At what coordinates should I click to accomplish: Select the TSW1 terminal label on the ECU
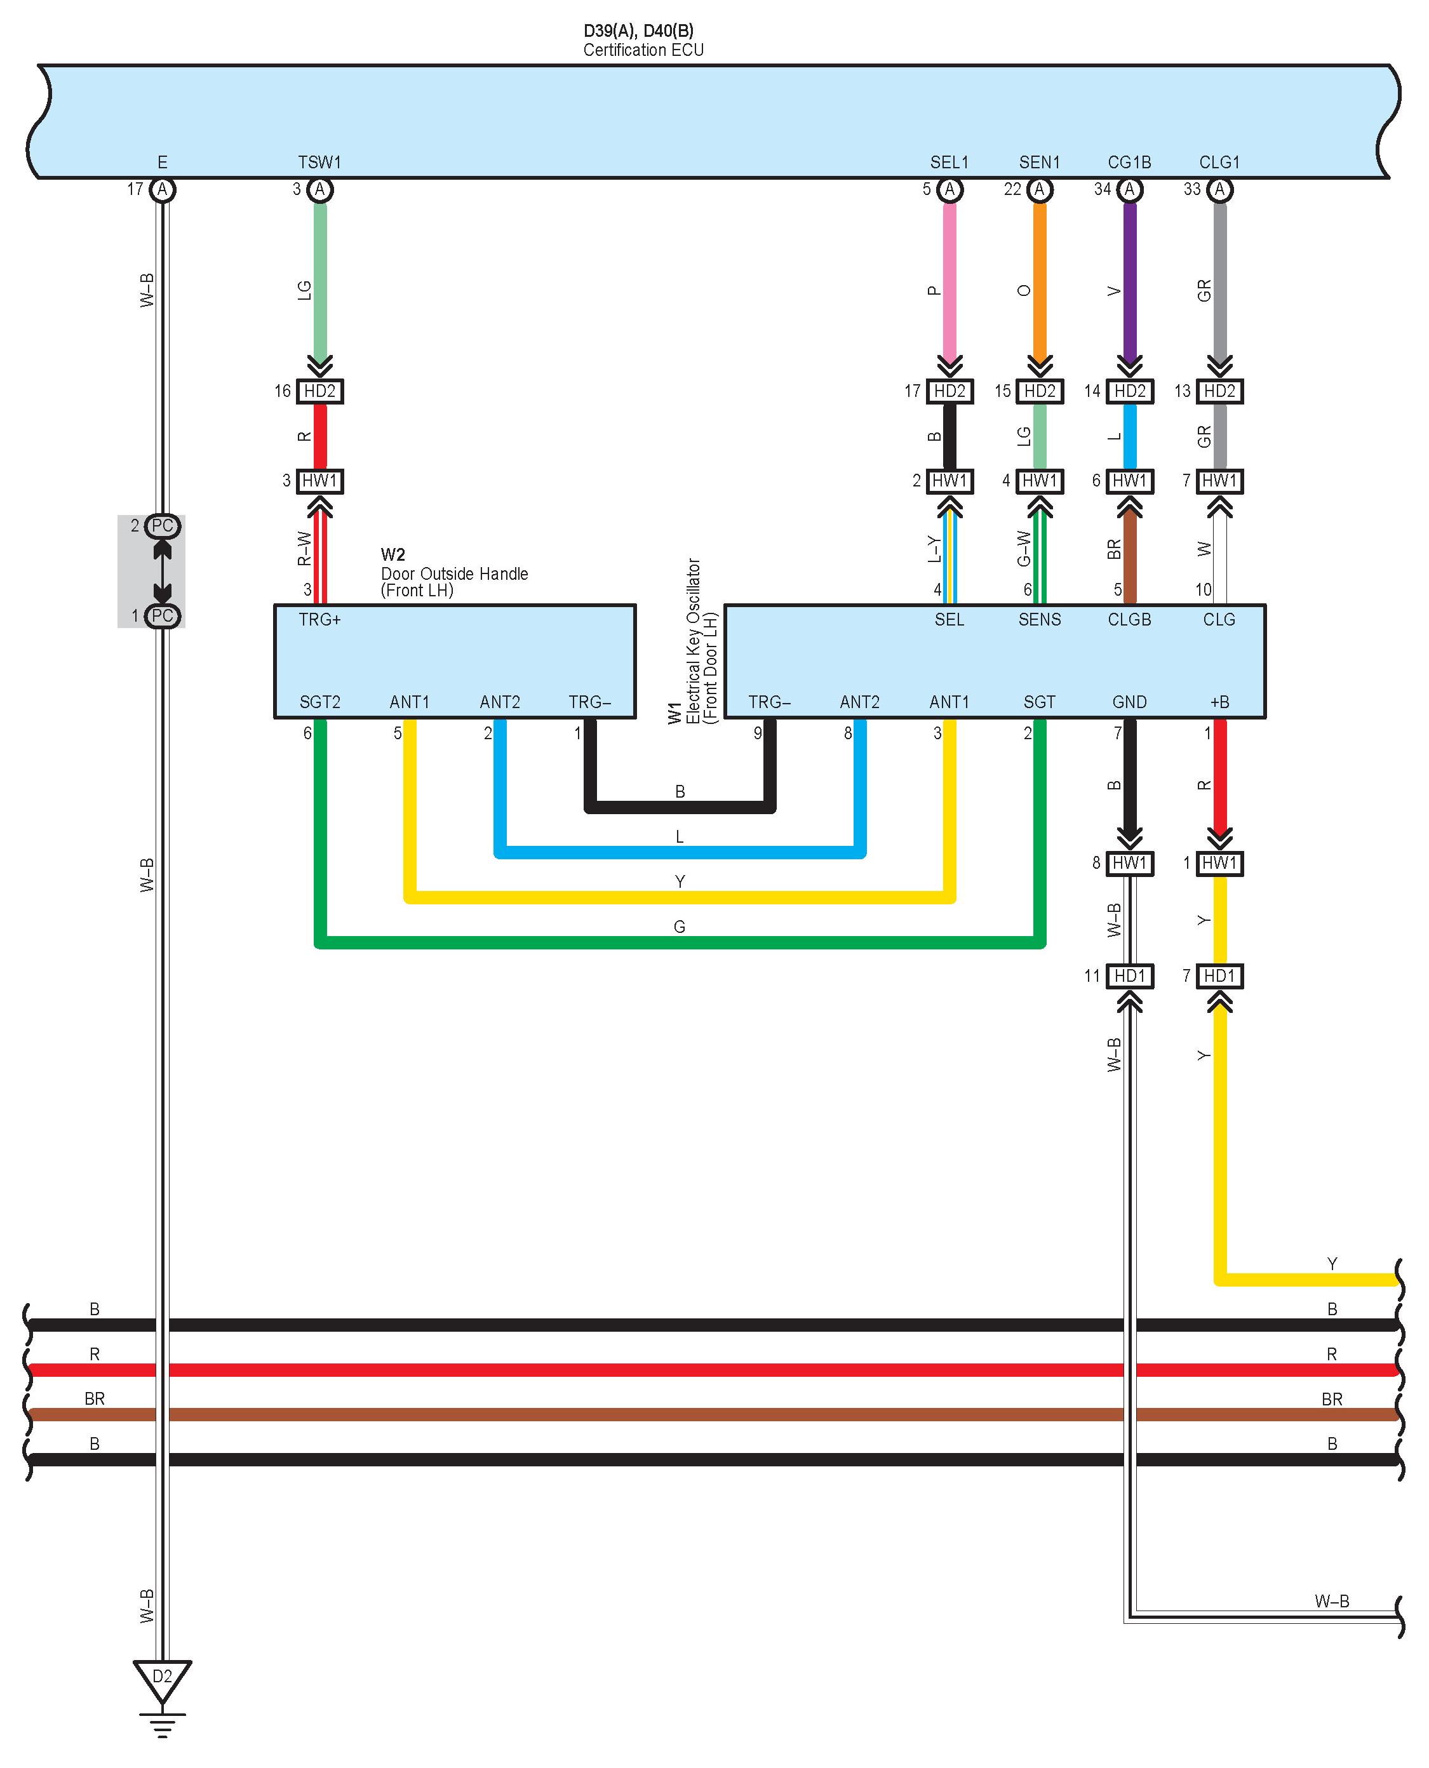pos(319,162)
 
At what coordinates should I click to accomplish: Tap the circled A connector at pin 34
pos(1129,190)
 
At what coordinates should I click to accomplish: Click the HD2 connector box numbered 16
pos(319,391)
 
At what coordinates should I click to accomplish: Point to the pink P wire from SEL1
pos(949,280)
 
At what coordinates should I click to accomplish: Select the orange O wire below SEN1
pos(1040,280)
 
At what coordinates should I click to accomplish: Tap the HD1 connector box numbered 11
pos(1129,976)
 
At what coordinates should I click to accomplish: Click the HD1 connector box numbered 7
pos(1219,976)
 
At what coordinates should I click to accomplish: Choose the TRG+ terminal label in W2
pos(319,620)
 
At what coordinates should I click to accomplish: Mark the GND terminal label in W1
pos(1129,702)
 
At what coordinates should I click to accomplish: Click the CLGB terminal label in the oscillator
pos(1129,620)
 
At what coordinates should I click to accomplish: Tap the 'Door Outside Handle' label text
pos(454,573)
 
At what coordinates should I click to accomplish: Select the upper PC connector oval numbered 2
pos(162,526)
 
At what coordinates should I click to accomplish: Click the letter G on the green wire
pos(679,927)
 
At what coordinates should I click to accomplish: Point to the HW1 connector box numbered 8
pos(1129,864)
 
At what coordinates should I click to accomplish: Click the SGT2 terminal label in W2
pos(319,702)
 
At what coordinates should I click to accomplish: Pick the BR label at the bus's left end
pos(95,1398)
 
